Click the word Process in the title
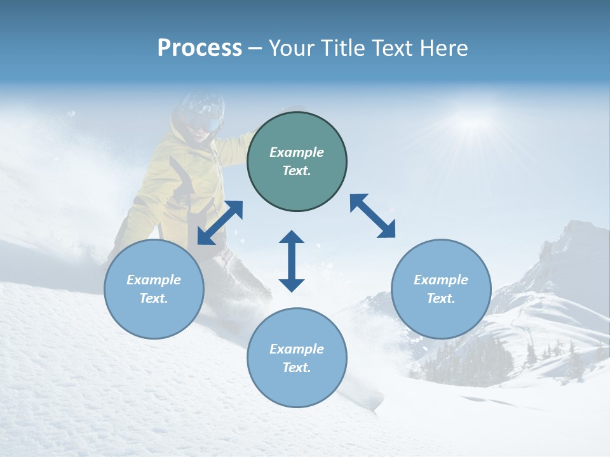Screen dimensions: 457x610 point(200,48)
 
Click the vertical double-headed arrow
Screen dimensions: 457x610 point(292,261)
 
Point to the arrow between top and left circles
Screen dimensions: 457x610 point(220,223)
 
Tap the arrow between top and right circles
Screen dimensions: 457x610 point(372,216)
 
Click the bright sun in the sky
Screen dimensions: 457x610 point(473,121)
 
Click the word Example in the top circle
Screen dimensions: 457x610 point(297,152)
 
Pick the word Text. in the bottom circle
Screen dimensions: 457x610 point(297,368)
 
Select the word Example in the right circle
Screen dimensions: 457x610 point(441,280)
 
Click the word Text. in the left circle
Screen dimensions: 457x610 point(154,298)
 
